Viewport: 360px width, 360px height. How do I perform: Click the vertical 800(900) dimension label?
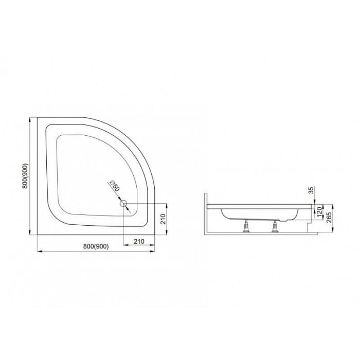[x=25, y=176]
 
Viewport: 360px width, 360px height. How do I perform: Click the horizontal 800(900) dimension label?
[x=96, y=246]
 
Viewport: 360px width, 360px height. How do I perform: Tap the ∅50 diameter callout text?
[x=115, y=186]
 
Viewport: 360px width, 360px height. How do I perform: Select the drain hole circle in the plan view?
[x=124, y=204]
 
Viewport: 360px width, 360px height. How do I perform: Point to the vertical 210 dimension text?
[x=163, y=219]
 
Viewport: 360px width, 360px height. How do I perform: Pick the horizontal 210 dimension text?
[x=139, y=241]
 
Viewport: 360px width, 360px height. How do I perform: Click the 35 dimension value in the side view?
[x=311, y=190]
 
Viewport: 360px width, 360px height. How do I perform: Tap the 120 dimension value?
[x=319, y=212]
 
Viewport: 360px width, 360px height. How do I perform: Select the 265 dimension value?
[x=329, y=218]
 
